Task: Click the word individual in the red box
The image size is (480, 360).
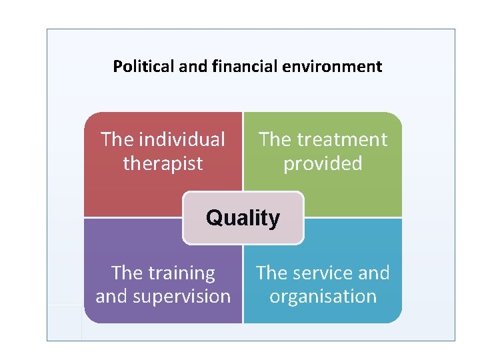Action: coord(182,139)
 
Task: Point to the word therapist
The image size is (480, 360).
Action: coord(163,163)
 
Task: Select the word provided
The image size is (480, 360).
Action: coord(323,163)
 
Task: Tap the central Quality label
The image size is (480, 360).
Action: coord(243,218)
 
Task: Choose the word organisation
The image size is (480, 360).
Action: coord(323,297)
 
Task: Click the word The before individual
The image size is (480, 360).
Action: coord(117,139)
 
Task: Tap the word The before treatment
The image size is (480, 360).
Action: coord(275,139)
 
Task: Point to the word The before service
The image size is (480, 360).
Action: coord(272,273)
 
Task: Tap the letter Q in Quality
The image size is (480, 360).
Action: coord(213,218)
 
